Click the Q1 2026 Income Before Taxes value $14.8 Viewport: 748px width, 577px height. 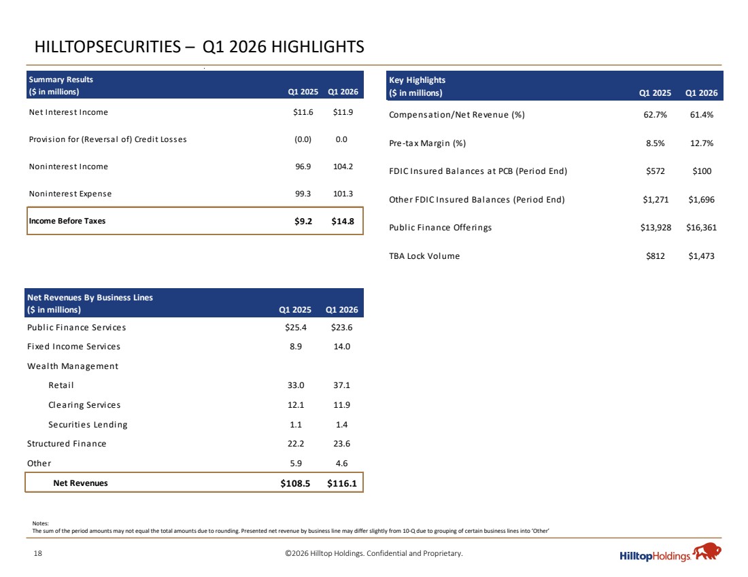pos(343,221)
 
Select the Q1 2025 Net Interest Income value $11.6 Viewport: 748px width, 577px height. pos(303,112)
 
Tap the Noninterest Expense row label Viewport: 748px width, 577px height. pos(70,194)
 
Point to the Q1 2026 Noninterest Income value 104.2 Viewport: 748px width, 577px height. pos(343,167)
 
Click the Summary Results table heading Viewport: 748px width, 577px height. pos(61,80)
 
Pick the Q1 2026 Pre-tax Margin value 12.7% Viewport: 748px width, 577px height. pos(702,143)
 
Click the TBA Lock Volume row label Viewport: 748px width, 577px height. pos(424,256)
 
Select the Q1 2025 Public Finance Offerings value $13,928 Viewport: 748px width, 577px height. pos(656,228)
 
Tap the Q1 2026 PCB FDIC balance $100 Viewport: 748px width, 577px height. pos(702,171)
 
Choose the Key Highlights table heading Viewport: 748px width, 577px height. pos(417,80)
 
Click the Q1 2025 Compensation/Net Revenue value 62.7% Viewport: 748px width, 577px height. pos(656,114)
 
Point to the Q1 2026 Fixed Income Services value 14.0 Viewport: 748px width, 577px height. pos(341,347)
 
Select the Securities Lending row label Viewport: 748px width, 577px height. pos(88,424)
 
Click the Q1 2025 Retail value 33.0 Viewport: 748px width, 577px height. pos(296,385)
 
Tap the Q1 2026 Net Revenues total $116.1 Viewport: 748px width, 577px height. pos(341,483)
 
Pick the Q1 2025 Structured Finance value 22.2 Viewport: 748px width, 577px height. pos(296,444)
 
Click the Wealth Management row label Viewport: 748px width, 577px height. pos(73,366)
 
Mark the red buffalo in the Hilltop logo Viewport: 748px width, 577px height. pos(707,551)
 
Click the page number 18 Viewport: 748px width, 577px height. pos(37,553)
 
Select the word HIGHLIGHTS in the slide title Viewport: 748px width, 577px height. pos(318,47)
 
